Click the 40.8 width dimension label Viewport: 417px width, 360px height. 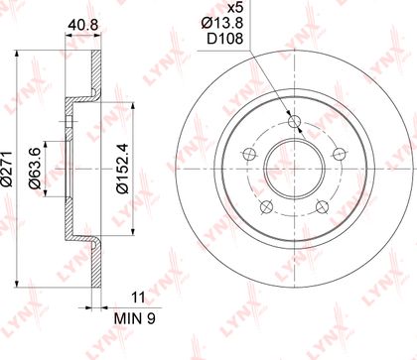pos(82,25)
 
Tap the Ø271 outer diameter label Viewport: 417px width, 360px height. pos(7,169)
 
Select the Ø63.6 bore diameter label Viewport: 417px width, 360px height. pos(36,169)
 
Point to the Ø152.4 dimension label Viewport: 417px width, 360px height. pos(122,169)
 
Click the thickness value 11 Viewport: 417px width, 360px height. pos(138,298)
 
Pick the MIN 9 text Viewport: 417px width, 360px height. pos(135,318)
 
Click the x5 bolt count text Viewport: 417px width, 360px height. pos(234,7)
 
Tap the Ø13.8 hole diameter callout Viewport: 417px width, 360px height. pos(222,23)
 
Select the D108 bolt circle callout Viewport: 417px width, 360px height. pos(225,39)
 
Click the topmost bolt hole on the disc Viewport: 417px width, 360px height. pos(294,121)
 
